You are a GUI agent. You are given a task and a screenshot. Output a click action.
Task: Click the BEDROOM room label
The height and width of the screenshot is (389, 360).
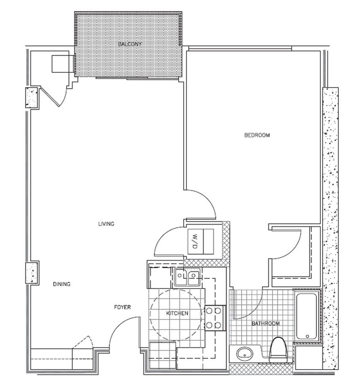tap(256, 135)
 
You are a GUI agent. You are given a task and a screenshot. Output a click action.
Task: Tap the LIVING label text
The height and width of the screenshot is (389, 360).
tap(106, 224)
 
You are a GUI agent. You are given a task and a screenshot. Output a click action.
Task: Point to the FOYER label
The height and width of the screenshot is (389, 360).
tap(123, 307)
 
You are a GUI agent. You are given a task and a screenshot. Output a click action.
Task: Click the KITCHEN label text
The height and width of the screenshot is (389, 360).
tap(177, 313)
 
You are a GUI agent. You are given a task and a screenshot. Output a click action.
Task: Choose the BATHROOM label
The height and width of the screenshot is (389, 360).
tap(265, 324)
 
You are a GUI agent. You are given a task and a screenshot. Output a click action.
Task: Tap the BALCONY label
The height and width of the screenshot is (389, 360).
tap(129, 44)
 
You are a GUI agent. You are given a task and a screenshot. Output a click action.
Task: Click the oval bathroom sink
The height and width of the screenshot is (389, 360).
tap(244, 354)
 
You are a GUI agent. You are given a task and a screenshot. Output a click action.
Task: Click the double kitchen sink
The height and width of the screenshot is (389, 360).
tap(187, 277)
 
